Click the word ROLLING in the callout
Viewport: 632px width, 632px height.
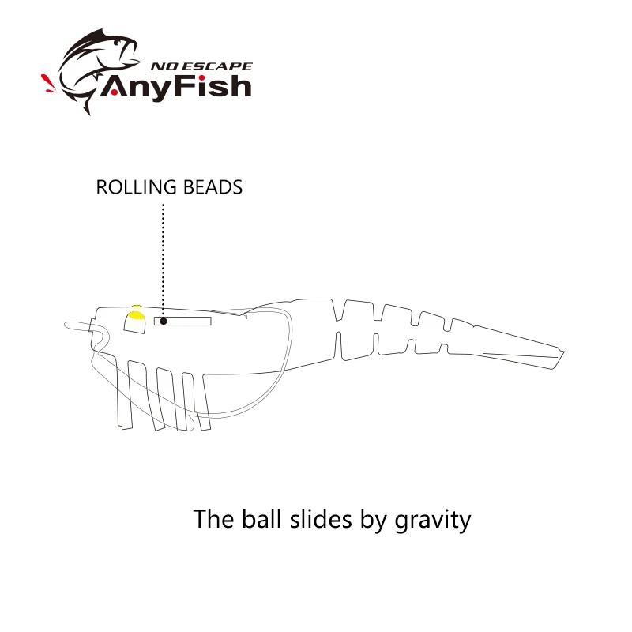click(136, 187)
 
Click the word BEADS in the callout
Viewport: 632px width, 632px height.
click(213, 187)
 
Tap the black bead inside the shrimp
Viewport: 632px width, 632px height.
click(164, 322)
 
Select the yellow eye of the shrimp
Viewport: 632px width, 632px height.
click(136, 314)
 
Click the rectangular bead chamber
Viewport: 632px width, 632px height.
click(182, 322)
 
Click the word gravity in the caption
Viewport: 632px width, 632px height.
click(432, 520)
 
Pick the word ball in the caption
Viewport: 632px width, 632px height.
click(261, 518)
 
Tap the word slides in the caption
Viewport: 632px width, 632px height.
click(321, 518)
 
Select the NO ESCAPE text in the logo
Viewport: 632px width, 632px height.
click(201, 66)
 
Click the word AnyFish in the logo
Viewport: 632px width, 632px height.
click(175, 87)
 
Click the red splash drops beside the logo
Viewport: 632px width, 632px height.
click(48, 83)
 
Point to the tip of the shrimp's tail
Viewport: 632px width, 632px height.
click(564, 352)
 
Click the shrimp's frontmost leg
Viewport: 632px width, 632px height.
click(124, 393)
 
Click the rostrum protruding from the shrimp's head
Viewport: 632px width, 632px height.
click(77, 325)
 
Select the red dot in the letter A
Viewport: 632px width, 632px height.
click(114, 92)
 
